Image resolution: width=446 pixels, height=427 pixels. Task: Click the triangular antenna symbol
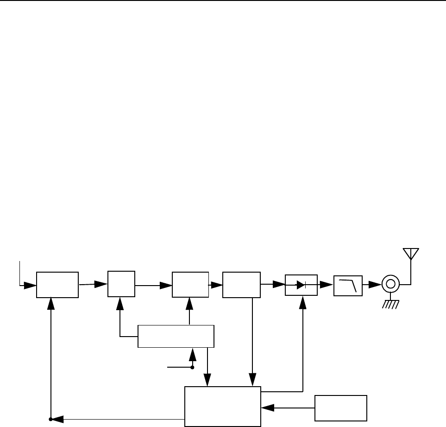(410, 253)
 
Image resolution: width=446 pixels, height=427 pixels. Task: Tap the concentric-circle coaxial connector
(390, 284)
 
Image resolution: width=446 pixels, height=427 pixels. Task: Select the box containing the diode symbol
(301, 284)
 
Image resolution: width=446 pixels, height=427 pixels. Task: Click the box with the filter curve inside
(348, 284)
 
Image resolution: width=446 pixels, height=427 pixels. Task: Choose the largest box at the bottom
(223, 406)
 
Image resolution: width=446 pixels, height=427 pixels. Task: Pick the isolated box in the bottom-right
(341, 408)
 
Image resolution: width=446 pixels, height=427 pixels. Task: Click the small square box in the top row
(121, 284)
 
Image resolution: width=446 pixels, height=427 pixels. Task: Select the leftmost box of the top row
(57, 284)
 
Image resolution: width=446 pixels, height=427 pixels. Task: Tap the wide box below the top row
(176, 336)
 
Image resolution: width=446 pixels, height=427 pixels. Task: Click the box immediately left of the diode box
(241, 284)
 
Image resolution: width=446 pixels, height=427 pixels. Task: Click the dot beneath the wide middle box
(192, 367)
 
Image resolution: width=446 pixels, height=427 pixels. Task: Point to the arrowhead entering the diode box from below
(303, 301)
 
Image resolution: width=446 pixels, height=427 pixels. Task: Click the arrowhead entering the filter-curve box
(328, 284)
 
